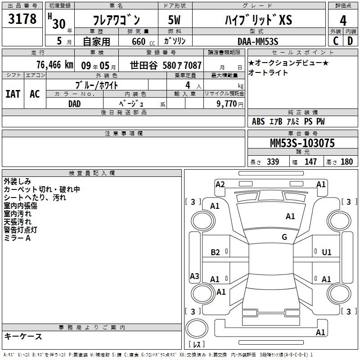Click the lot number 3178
tap(22, 18)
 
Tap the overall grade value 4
tap(343, 20)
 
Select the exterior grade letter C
tap(336, 41)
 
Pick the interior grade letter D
tap(350, 41)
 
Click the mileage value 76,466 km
tap(55, 65)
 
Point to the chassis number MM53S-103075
tap(302, 143)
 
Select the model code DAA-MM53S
tap(258, 41)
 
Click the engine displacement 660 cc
tap(143, 42)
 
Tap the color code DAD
tap(75, 104)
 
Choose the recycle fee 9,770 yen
tap(230, 104)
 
